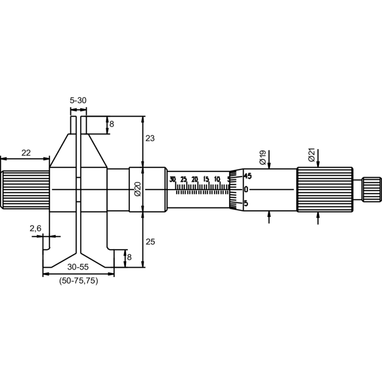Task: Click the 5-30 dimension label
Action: coord(78,100)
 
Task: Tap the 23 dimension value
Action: coord(150,138)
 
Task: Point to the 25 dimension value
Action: coord(150,242)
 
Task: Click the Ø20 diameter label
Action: coord(137,189)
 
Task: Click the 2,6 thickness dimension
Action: coord(35,229)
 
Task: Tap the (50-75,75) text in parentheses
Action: coord(78,281)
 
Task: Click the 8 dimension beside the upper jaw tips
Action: coord(112,124)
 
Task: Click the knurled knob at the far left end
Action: coord(25,190)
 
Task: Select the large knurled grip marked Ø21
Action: coord(325,190)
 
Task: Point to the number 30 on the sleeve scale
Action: coord(172,179)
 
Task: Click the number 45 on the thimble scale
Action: coord(247,176)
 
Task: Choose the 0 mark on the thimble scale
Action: coord(246,190)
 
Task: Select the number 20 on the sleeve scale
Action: coord(195,179)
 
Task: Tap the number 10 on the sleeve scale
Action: coord(217,179)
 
